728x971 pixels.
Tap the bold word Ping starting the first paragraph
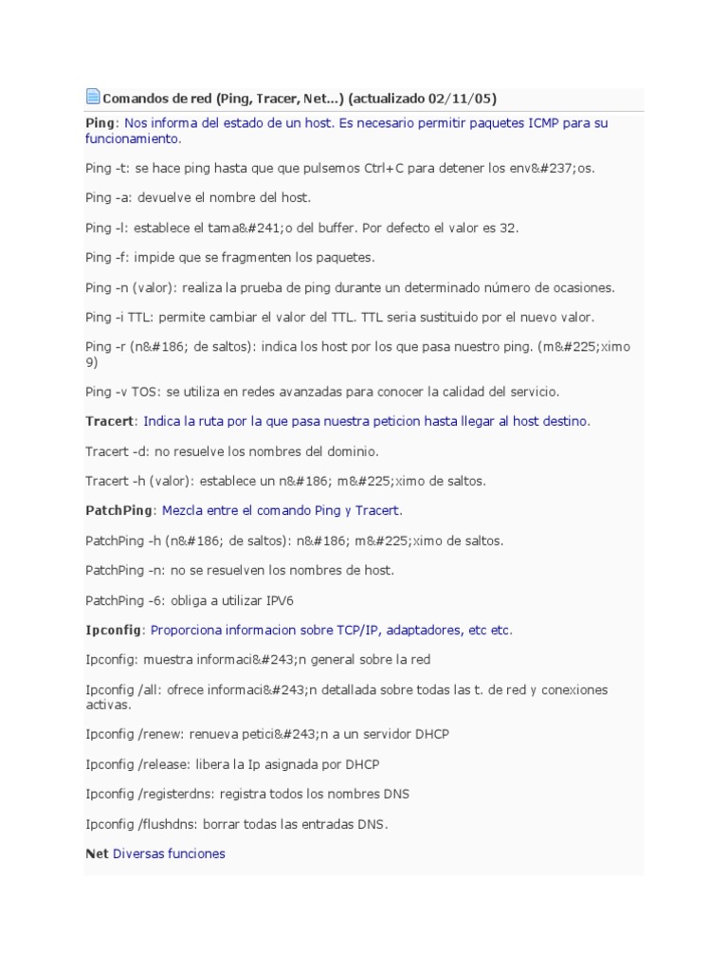pyautogui.click(x=100, y=123)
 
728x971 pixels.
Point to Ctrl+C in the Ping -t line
pyautogui.click(x=391, y=168)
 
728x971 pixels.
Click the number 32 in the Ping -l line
pyautogui.click(x=509, y=229)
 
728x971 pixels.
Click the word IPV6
pyautogui.click(x=288, y=601)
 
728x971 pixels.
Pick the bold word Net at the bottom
pyautogui.click(x=97, y=854)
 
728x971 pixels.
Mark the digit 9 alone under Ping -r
pyautogui.click(x=89, y=362)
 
